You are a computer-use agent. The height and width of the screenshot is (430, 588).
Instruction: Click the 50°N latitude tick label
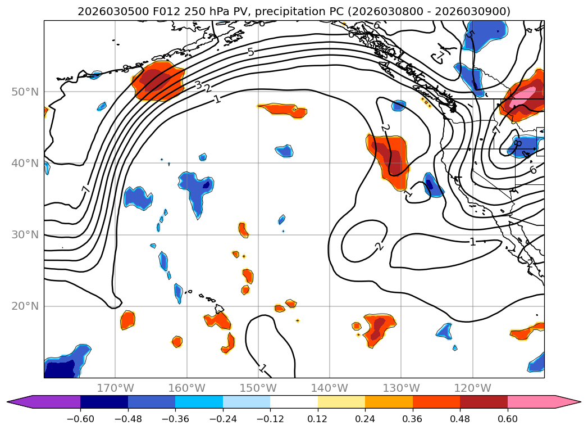click(25, 92)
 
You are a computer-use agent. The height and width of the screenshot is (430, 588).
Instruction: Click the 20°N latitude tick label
click(25, 306)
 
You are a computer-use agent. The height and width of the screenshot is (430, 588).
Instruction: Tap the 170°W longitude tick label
click(115, 388)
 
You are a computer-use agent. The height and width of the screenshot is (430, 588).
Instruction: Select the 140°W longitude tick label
click(330, 388)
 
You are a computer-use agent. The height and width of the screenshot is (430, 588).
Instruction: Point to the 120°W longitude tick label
click(472, 388)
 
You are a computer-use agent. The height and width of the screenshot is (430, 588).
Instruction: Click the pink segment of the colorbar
click(531, 402)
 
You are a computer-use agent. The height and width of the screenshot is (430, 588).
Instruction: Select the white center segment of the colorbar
click(294, 402)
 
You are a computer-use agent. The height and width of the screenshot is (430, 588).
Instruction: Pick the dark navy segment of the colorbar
click(104, 402)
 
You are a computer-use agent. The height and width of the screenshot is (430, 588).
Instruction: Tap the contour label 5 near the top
click(250, 52)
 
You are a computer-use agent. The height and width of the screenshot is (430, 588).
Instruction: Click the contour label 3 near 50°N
click(198, 85)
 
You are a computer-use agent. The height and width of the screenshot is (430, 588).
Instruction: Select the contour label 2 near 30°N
click(379, 246)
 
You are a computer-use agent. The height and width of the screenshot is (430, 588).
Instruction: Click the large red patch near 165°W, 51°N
click(158, 82)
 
